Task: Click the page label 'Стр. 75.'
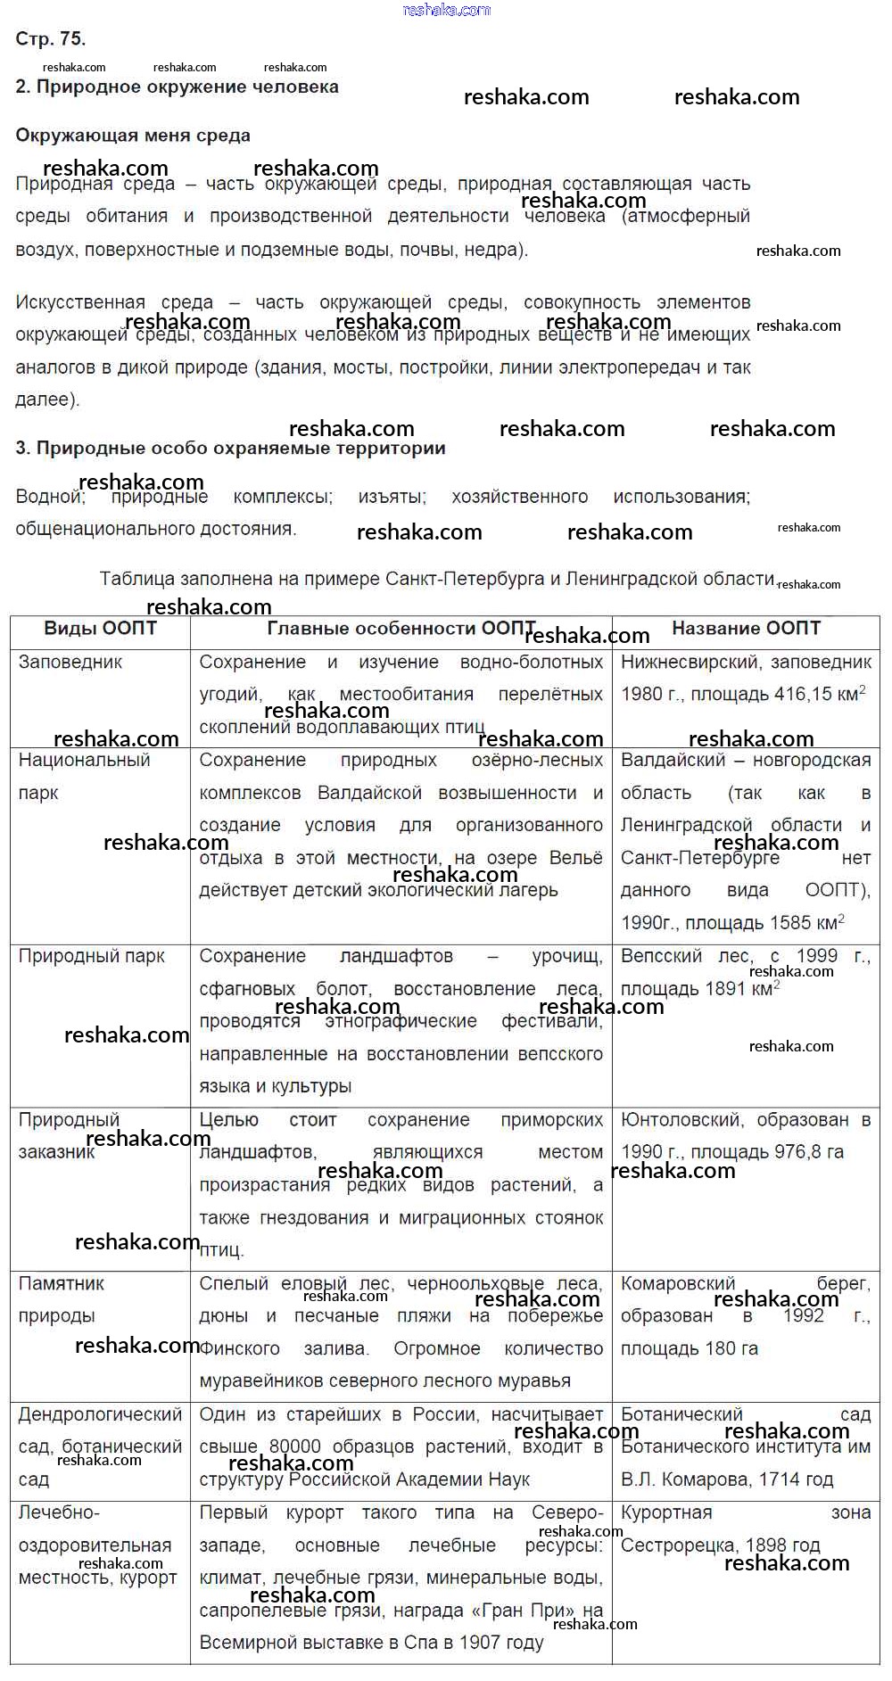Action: [x=51, y=38]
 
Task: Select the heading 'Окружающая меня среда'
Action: [x=133, y=136]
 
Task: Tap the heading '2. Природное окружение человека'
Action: [x=178, y=87]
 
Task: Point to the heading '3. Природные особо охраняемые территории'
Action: [x=230, y=448]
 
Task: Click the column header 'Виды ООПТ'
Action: [x=100, y=628]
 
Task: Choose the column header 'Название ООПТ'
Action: [x=746, y=628]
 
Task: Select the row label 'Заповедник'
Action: [x=70, y=662]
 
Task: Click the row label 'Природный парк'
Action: [x=92, y=956]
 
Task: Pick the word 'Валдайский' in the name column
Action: [x=672, y=760]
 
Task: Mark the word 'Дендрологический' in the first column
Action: [x=100, y=1414]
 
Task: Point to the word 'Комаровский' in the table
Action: [x=678, y=1283]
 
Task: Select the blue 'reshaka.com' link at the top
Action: [x=446, y=10]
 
